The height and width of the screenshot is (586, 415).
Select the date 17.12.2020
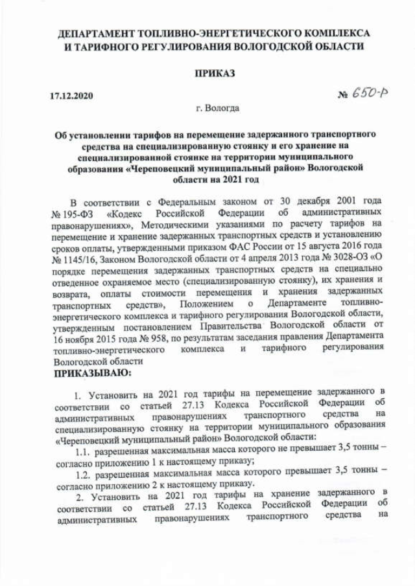[x=72, y=97]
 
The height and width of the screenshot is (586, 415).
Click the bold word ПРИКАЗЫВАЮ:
[x=92, y=374]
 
